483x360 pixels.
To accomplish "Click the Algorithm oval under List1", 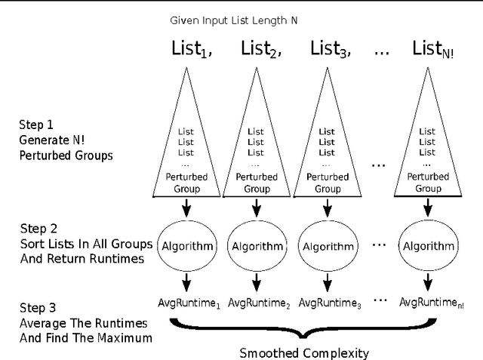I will coord(186,246).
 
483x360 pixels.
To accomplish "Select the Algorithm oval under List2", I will coord(256,246).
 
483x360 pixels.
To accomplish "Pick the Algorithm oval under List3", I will coord(327,247).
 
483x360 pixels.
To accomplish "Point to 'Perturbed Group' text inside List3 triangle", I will coord(327,183).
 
